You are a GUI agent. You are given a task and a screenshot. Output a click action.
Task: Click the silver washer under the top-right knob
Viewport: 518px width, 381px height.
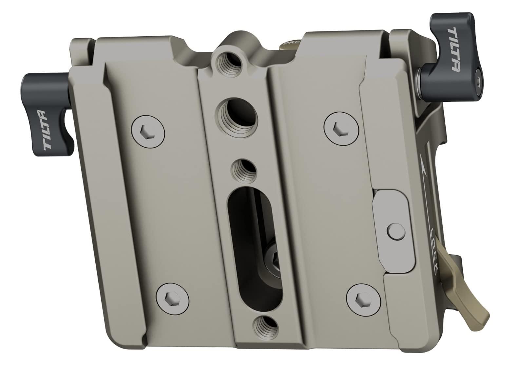(418, 79)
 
